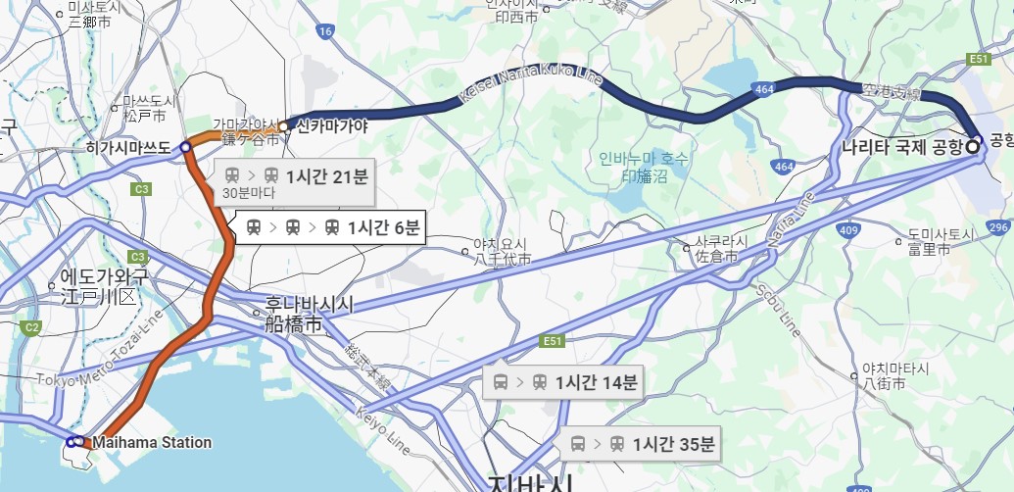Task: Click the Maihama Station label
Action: pos(152,443)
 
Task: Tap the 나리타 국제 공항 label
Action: pos(902,148)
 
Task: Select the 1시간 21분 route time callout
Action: pos(295,177)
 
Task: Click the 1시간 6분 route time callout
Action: pos(334,228)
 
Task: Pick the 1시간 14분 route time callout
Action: pos(563,383)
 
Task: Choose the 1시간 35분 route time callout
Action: pos(642,445)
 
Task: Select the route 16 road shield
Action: pos(326,32)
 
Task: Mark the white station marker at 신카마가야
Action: pos(284,126)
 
